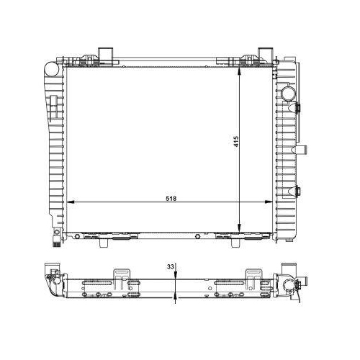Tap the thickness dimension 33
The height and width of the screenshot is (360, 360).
pyautogui.click(x=170, y=266)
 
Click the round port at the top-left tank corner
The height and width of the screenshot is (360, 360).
pyautogui.click(x=51, y=69)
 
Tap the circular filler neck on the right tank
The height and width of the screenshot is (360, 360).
pyautogui.click(x=288, y=94)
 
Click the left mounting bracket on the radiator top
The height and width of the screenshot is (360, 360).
pyautogui.click(x=105, y=54)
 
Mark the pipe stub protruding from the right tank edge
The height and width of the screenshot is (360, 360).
pyautogui.click(x=306, y=149)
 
